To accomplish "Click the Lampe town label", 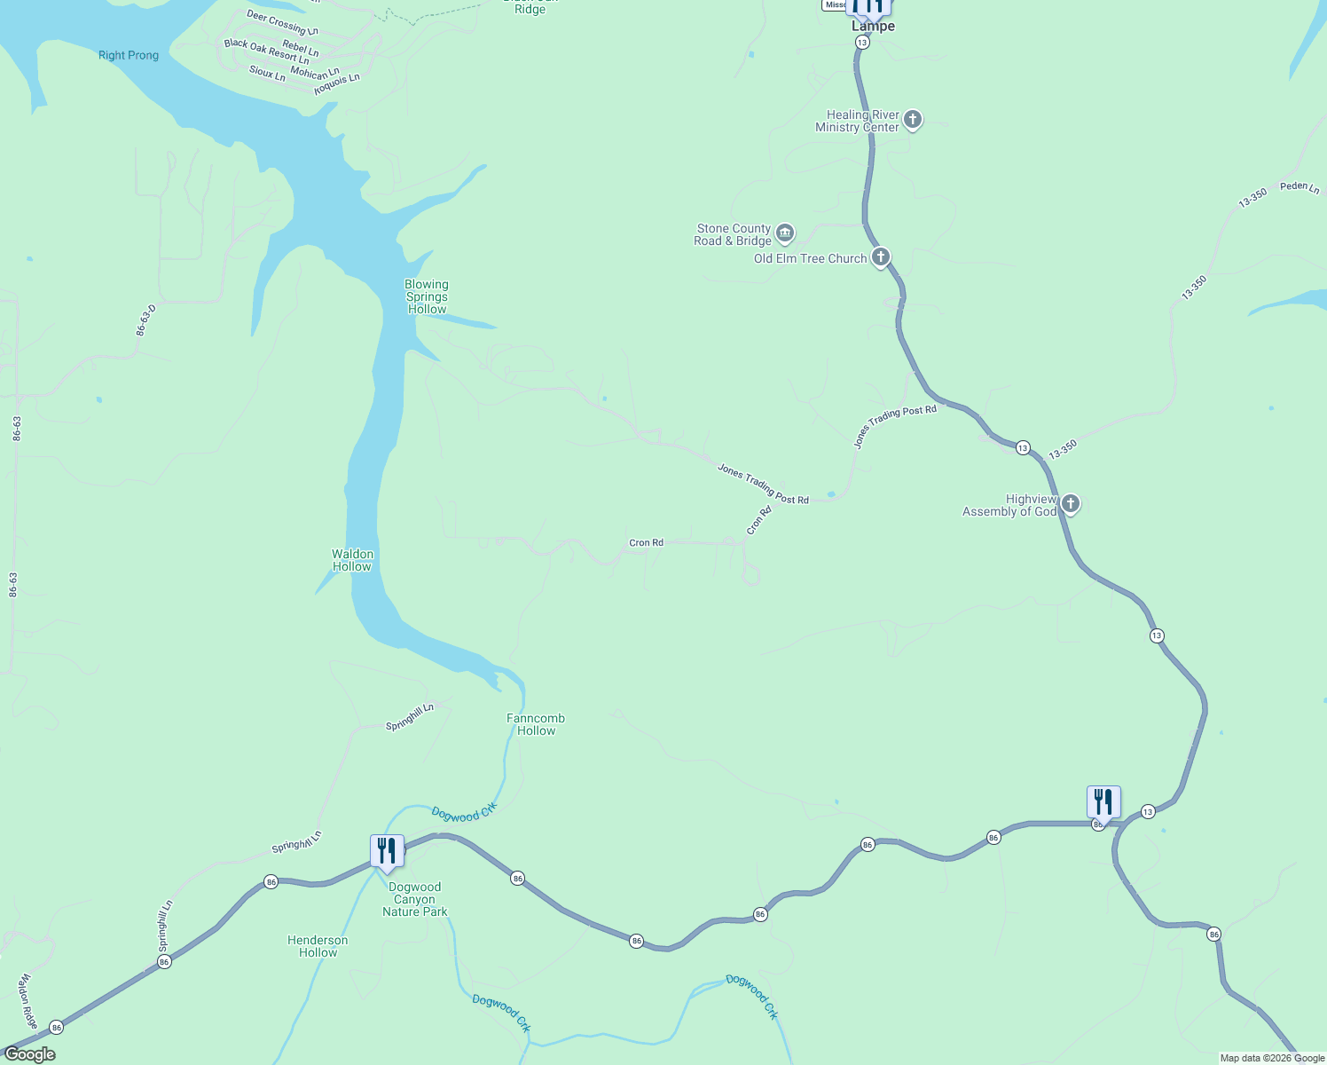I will tap(873, 27).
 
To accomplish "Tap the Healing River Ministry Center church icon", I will tap(912, 120).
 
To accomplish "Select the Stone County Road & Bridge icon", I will tap(784, 233).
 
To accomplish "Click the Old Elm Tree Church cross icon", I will tap(880, 257).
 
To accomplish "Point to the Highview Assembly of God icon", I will tap(1071, 504).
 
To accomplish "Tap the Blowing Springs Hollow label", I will tap(427, 297).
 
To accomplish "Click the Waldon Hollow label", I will tap(352, 560).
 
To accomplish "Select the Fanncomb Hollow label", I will tap(536, 724).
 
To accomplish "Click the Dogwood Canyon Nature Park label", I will tap(415, 899).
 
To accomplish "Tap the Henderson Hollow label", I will tap(318, 946).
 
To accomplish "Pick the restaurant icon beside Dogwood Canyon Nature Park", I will tap(387, 851).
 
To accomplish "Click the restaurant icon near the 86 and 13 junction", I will tap(1103, 802).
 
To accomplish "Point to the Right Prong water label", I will tap(129, 55).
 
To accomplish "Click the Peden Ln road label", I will tap(1300, 187).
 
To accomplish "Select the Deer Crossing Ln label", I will tap(282, 23).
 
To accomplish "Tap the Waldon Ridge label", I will tap(28, 1000).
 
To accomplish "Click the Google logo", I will tap(29, 1054).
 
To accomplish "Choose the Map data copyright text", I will tap(1272, 1058).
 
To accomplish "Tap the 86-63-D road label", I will tap(146, 319).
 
